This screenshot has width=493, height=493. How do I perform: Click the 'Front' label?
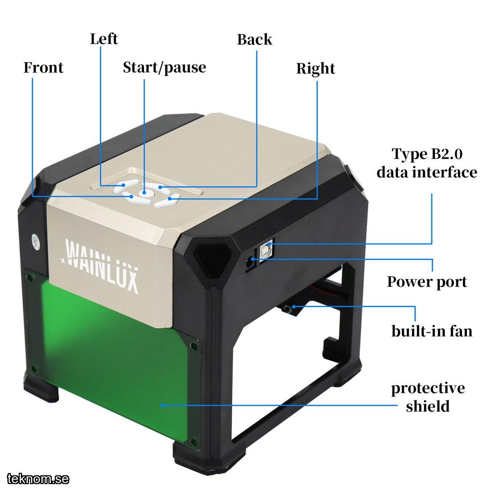43,67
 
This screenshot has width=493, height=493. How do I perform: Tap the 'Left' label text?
104,39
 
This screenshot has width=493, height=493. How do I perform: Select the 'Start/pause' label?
165,68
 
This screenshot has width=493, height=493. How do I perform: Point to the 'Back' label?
254,39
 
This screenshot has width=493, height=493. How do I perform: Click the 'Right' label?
316,69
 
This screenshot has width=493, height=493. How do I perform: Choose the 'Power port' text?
426,282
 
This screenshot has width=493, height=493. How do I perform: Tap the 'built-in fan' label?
432,331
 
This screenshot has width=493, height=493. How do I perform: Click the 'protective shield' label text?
428,397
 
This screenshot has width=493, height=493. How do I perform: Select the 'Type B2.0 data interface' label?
427,163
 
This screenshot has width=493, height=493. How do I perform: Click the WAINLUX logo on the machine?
100,266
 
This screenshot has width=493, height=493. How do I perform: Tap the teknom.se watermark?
38,479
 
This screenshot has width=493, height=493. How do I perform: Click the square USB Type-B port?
266,249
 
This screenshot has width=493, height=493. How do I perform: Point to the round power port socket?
250,262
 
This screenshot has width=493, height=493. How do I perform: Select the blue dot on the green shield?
163,405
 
